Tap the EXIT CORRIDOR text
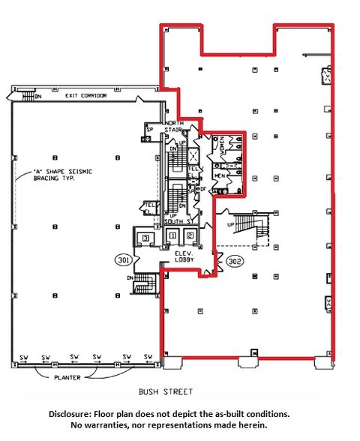tap(85, 96)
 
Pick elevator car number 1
tap(172, 236)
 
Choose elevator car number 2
tap(190, 236)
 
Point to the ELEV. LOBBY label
tap(187, 256)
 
